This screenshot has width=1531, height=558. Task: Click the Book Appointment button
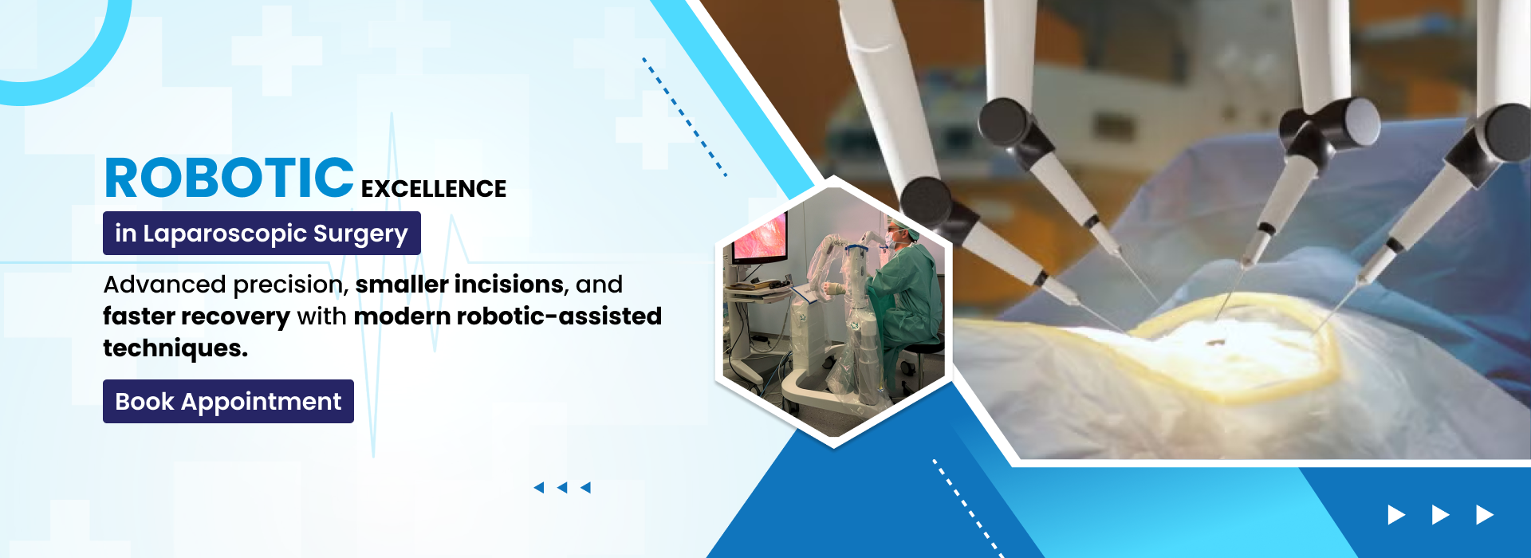pyautogui.click(x=228, y=401)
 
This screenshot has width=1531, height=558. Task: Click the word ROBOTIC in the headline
pyautogui.click(x=229, y=178)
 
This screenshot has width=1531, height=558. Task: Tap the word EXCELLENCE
pyautogui.click(x=433, y=189)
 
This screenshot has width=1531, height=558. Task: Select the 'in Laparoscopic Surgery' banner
pyautogui.click(x=262, y=233)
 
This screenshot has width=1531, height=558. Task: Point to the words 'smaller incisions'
pyautogui.click(x=459, y=285)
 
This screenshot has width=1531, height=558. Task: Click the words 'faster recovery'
pyautogui.click(x=196, y=316)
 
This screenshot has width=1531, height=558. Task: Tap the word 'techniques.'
pyautogui.click(x=175, y=348)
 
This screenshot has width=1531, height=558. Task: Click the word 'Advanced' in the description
pyautogui.click(x=164, y=285)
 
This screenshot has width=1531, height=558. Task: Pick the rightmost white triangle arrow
pyautogui.click(x=1484, y=515)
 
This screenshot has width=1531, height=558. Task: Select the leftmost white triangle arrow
pyautogui.click(x=1396, y=515)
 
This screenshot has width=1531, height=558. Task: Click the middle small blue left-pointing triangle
pyautogui.click(x=562, y=487)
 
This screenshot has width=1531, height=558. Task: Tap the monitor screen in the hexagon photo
pyautogui.click(x=759, y=238)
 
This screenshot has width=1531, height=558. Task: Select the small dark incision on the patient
pyautogui.click(x=1215, y=343)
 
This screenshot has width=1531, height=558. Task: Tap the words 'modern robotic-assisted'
pyautogui.click(x=507, y=316)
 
